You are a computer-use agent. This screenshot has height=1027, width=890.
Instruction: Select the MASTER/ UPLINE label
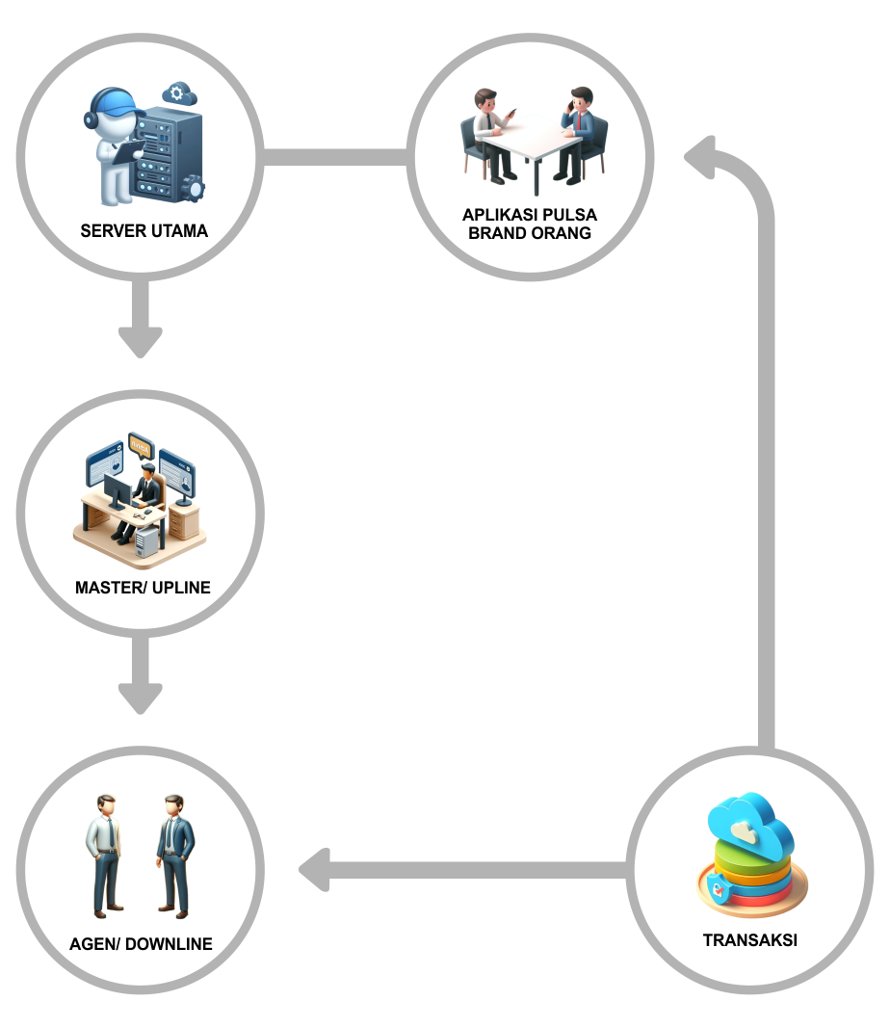tap(143, 587)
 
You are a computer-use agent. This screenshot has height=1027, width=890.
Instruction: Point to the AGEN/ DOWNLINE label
tap(141, 944)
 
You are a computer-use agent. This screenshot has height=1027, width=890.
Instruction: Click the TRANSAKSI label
tap(749, 940)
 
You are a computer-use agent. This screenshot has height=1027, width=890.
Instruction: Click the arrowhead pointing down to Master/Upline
tap(141, 341)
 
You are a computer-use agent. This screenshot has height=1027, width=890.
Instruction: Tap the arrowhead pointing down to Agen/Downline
tap(141, 698)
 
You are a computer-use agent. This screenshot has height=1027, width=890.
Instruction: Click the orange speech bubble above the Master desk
tap(141, 445)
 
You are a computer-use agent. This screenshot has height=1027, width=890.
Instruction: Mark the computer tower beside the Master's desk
tap(145, 542)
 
